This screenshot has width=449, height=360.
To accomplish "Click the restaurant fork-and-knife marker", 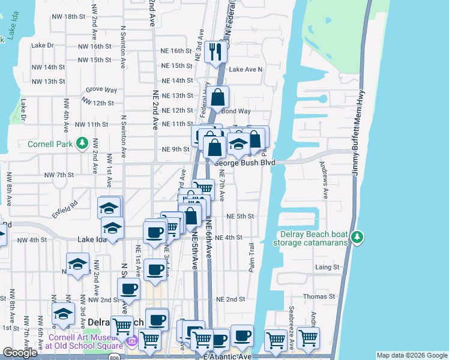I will click(215, 52).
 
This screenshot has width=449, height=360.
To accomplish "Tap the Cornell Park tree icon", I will click(79, 144).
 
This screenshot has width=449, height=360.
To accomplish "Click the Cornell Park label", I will click(50, 144).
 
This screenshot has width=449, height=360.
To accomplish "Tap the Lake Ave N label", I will click(246, 70).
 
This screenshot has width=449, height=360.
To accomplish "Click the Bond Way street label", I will click(236, 111).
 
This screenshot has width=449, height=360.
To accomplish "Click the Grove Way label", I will click(101, 89).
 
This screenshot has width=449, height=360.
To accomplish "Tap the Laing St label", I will click(328, 266).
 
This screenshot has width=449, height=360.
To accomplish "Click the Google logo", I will click(20, 353).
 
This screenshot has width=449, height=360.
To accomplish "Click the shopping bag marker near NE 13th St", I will click(219, 95).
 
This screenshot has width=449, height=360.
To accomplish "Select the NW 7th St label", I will click(58, 175).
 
